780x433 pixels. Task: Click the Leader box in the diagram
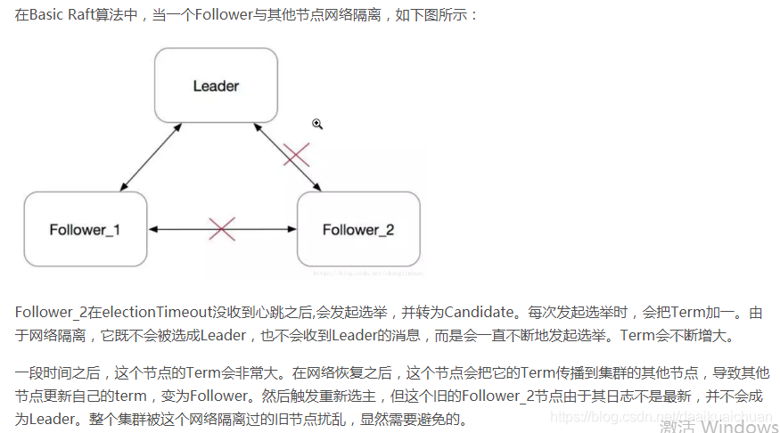216,86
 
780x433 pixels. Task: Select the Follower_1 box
85,229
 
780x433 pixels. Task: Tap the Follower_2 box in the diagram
357,229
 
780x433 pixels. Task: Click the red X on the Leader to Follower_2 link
296,155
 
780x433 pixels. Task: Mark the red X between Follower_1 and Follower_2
221,229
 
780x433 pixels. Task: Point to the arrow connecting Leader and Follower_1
151,157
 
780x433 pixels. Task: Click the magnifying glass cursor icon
316,124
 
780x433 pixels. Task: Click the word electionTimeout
157,313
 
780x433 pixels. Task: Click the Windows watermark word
734,427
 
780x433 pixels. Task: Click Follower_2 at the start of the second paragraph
50,313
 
